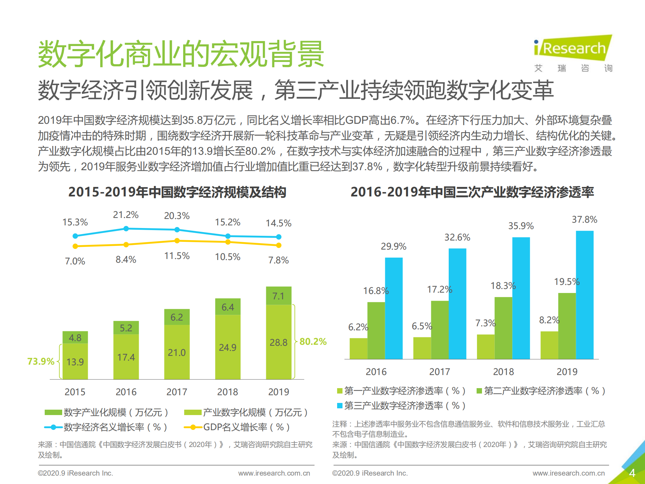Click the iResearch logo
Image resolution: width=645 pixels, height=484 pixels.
coord(573,49)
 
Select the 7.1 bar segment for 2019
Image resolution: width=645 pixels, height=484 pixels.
coord(279,296)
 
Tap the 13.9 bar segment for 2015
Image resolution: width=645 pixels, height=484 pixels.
coord(75,361)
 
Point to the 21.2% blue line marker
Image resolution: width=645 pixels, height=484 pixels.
coord(126,229)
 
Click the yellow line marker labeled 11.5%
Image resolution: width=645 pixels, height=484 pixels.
coord(177,241)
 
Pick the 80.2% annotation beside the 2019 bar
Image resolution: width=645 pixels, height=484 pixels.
coord(313,342)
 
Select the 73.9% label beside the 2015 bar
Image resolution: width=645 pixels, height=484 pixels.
coord(41,361)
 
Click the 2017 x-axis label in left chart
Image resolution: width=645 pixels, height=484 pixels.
coord(177,392)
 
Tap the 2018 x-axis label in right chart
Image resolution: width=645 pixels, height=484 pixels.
coord(503,372)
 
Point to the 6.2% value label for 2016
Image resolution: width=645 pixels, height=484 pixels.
coord(358,327)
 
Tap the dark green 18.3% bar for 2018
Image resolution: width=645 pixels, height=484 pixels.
coord(503,328)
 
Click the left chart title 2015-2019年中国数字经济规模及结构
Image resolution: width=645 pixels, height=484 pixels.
coord(177,192)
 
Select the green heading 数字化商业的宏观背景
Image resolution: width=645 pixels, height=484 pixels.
coord(181,54)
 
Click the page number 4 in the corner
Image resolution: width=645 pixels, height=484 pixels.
coord(632,473)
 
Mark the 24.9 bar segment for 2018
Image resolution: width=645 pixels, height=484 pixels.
coord(228,347)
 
